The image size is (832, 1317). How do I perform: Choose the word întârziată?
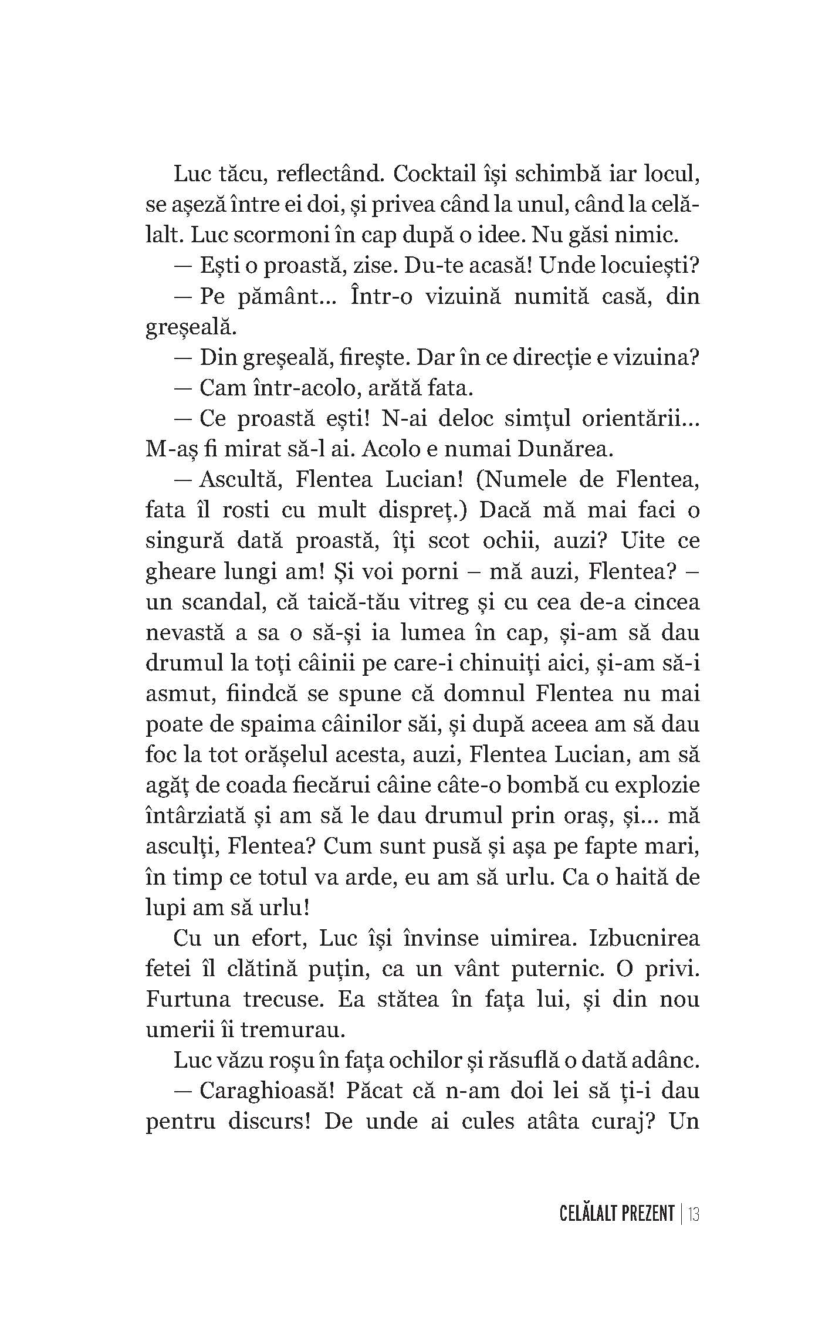[x=195, y=816]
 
